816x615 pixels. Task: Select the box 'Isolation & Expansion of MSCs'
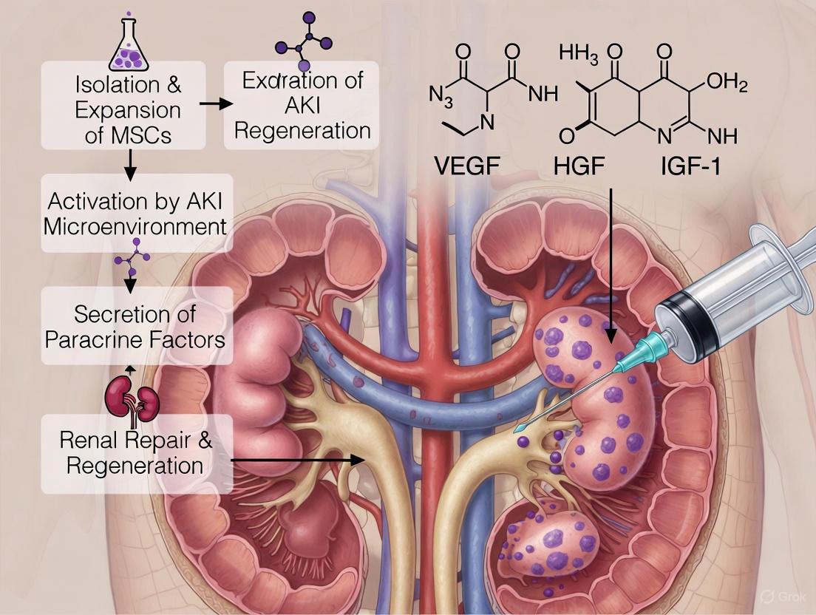coord(128,110)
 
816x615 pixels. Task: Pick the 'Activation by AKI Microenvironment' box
coord(135,213)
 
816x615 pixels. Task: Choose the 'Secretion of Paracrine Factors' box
coord(135,325)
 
